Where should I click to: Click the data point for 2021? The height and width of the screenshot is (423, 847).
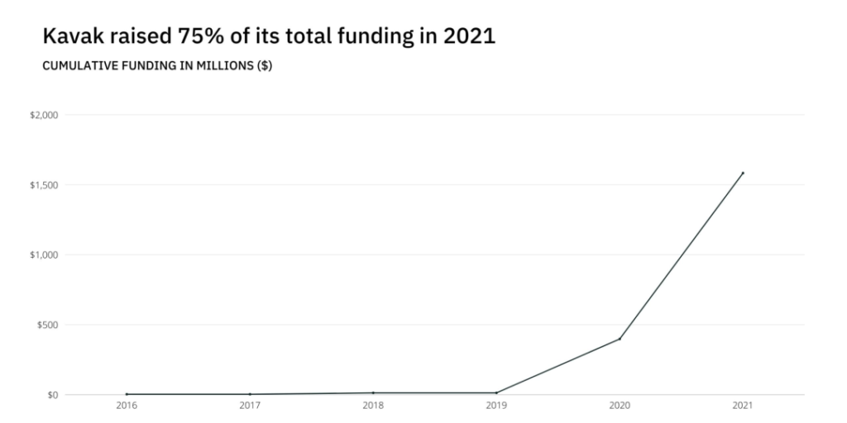tap(743, 173)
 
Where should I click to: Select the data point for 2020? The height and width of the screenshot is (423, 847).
tap(620, 339)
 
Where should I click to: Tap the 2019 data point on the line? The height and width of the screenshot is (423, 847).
tap(496, 392)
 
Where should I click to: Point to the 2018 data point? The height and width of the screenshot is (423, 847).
tap(373, 392)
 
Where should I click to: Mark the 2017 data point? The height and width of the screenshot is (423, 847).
tap(250, 394)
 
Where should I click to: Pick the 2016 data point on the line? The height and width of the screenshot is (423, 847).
tap(127, 394)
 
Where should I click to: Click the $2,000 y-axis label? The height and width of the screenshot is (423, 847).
tap(44, 115)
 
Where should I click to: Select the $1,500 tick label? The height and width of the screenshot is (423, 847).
tap(44, 185)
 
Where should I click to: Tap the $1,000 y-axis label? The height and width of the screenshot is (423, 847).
tap(44, 254)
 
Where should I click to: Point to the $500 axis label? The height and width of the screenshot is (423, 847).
tap(47, 325)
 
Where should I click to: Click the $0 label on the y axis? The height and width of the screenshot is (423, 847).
tap(51, 395)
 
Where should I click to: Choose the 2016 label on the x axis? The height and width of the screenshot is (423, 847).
tap(127, 406)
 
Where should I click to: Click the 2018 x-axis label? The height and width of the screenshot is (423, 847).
tap(373, 406)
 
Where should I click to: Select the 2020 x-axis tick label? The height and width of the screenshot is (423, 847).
tap(620, 406)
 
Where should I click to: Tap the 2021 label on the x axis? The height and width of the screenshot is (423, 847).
tap(743, 406)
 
